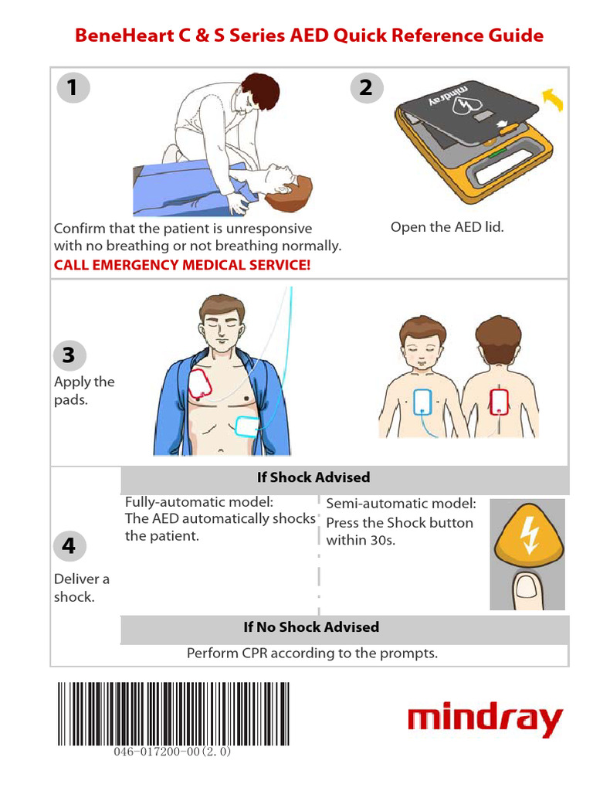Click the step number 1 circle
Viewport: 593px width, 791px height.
click(73, 88)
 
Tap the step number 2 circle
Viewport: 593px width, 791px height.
click(367, 88)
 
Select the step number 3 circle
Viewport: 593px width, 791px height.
click(69, 355)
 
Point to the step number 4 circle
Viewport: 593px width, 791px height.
click(69, 546)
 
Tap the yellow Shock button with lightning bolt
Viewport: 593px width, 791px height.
click(528, 536)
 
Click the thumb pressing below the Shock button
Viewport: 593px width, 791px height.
click(527, 590)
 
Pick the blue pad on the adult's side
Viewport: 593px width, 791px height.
click(247, 426)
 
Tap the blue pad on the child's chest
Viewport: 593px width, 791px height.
click(422, 402)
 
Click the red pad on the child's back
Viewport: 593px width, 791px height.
click(498, 402)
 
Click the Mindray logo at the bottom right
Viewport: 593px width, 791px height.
click(485, 718)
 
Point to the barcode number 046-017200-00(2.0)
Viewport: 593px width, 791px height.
click(172, 752)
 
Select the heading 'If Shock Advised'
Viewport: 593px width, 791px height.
click(313, 477)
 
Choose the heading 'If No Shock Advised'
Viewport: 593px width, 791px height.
click(311, 627)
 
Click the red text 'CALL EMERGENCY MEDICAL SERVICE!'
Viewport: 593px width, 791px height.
click(182, 265)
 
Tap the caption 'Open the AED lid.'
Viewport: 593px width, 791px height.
click(447, 228)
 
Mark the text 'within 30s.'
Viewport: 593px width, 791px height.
click(361, 540)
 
